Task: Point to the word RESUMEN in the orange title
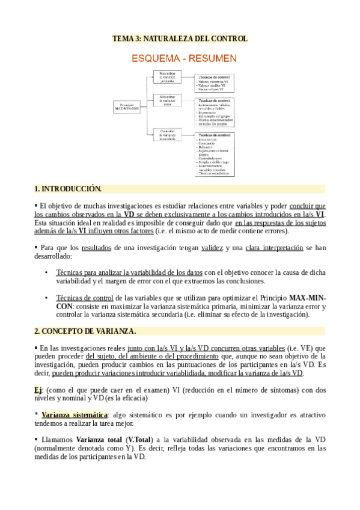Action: pyautogui.click(x=214, y=59)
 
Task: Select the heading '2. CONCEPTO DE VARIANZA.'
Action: pyautogui.click(x=85, y=331)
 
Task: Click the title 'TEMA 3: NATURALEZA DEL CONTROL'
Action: pyautogui.click(x=180, y=39)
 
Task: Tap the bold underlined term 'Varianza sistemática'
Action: pyautogui.click(x=74, y=415)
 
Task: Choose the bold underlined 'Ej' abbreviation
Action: pyautogui.click(x=38, y=390)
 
